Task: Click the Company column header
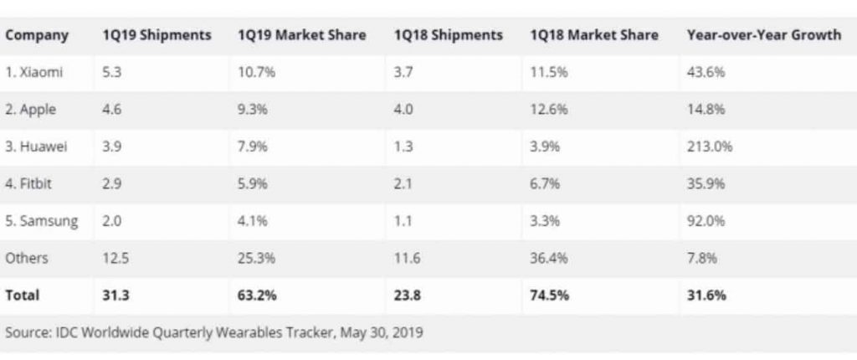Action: click(37, 35)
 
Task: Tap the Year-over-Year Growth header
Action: click(763, 35)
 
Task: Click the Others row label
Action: click(27, 258)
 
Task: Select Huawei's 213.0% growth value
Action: click(710, 147)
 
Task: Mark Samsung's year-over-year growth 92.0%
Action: click(706, 221)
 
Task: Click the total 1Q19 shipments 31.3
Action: click(115, 296)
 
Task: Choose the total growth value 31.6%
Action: click(706, 296)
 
